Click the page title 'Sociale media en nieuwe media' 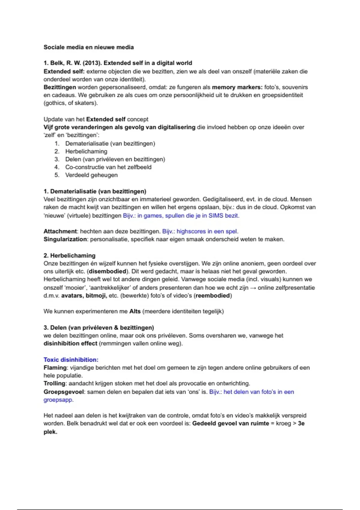[x=88, y=47]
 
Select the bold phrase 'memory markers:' [x=237, y=87]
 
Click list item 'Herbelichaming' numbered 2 [x=86, y=151]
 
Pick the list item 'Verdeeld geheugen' [x=91, y=175]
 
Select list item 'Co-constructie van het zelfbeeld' [x=108, y=167]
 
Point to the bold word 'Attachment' [x=60, y=231]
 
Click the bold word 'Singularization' [x=65, y=239]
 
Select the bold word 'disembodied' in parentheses [x=107, y=271]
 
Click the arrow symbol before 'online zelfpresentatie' [x=253, y=288]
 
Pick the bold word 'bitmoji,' [x=96, y=295]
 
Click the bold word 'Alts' [x=135, y=311]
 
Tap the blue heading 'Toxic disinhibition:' [x=71, y=360]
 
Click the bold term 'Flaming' [x=55, y=367]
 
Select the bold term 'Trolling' [x=54, y=383]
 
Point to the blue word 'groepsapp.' [x=58, y=400]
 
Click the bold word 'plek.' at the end [x=50, y=432]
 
